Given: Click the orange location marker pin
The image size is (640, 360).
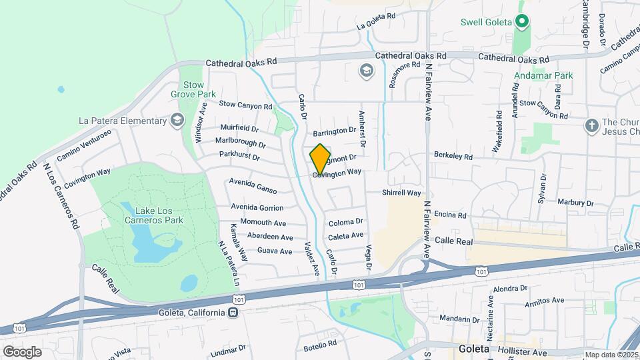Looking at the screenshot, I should tap(320, 159).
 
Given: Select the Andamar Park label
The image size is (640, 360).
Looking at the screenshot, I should tap(543, 76).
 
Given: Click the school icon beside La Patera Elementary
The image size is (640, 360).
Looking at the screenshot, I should tap(177, 121).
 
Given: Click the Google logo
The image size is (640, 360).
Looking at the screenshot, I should tap(22, 351).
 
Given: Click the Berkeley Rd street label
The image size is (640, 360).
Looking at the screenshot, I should tap(453, 157).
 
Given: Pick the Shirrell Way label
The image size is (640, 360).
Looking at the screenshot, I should tap(401, 193).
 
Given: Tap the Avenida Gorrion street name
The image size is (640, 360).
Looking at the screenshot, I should tap(257, 207).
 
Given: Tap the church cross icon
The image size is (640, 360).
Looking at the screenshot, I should tap(591, 126).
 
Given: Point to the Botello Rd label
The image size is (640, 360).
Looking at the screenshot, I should tap(320, 345).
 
